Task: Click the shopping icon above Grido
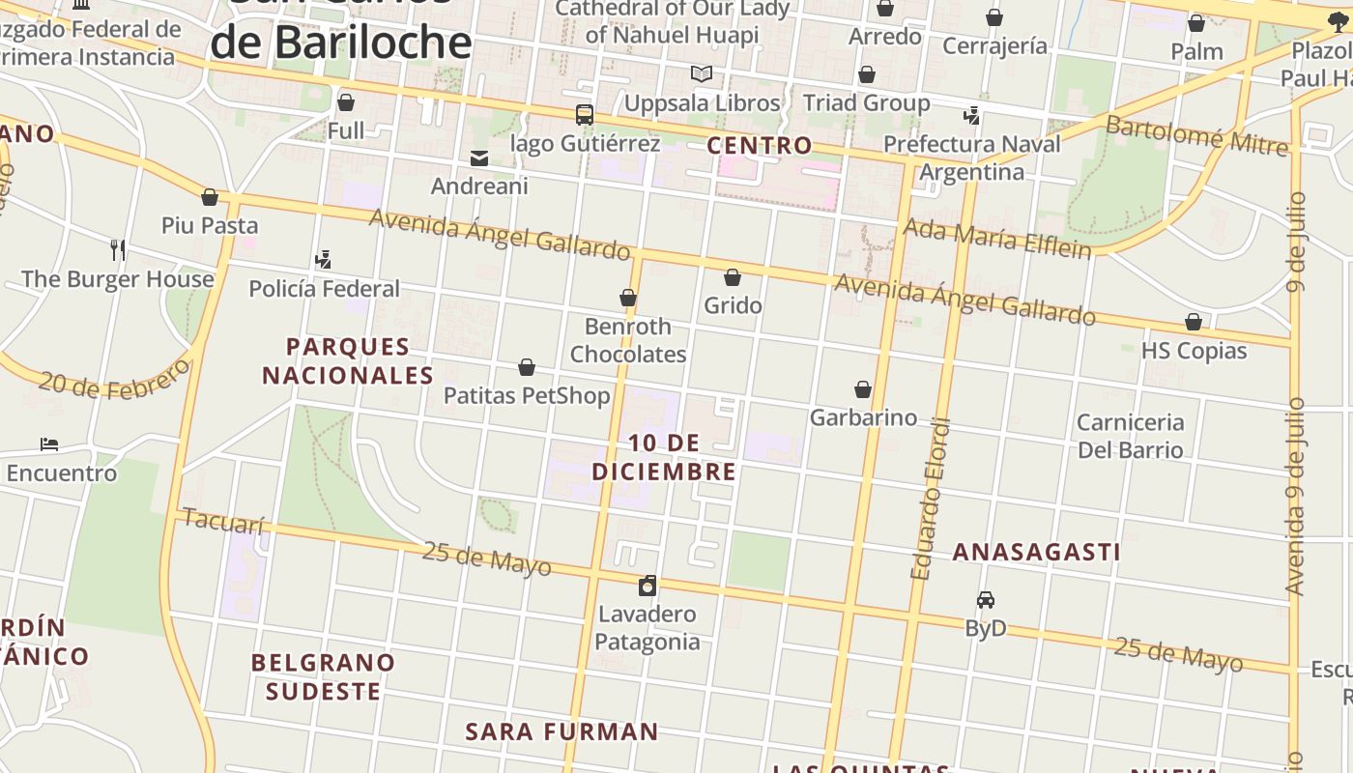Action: [x=733, y=278]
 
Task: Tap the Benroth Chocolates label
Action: [x=628, y=340]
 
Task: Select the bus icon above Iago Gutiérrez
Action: [x=585, y=115]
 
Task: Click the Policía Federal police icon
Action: [x=324, y=260]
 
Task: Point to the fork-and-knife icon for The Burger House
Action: [x=118, y=250]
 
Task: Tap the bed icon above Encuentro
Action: [x=49, y=444]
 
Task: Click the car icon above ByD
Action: [x=986, y=600]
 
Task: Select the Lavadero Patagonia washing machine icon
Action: [x=648, y=586]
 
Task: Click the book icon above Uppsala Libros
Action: [x=702, y=74]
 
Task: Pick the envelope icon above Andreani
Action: [x=479, y=158]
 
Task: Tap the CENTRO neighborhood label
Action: [x=760, y=146]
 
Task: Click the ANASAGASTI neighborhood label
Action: [x=1037, y=552]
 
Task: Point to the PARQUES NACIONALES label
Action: [x=348, y=360]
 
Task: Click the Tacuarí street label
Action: [x=223, y=522]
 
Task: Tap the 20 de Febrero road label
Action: [x=114, y=379]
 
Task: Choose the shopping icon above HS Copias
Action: [x=1194, y=323]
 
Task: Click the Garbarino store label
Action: [x=863, y=417]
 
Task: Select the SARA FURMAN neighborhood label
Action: [x=561, y=731]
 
